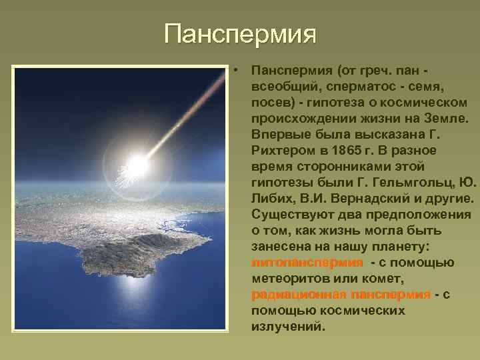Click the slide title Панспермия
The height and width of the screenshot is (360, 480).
(x=240, y=33)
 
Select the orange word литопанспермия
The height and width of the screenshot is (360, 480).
(x=307, y=262)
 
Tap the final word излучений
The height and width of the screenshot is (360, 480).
(x=288, y=327)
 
